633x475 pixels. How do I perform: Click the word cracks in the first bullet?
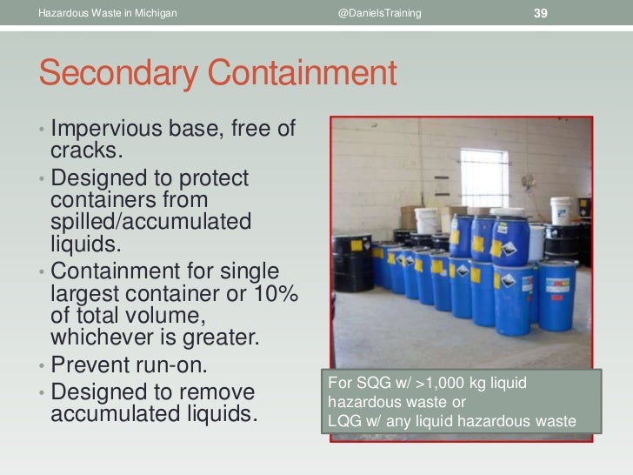coord(83,151)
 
